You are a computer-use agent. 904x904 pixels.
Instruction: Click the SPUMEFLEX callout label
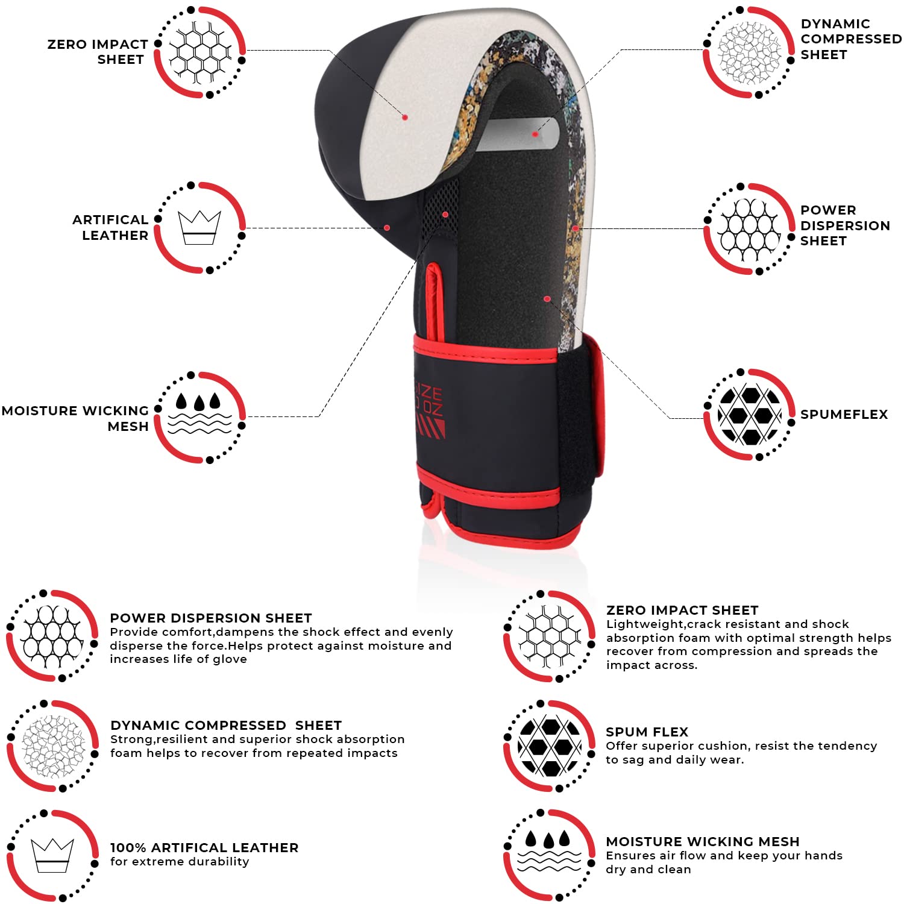coord(844,414)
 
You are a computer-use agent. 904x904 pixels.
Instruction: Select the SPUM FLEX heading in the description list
coord(647,732)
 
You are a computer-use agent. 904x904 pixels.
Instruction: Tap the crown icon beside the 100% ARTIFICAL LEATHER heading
coord(52,855)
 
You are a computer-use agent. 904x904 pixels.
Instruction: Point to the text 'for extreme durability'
coord(180,861)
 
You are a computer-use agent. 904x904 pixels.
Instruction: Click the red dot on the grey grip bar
coord(535,134)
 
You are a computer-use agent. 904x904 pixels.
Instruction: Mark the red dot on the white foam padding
coord(405,117)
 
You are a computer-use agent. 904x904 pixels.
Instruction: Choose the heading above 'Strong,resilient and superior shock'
coord(226,725)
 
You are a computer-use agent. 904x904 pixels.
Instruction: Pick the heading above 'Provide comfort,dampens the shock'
coord(211,618)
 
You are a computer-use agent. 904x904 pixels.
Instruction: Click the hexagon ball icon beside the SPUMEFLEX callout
coord(749,415)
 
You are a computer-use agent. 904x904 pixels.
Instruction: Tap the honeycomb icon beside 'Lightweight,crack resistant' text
coord(550,636)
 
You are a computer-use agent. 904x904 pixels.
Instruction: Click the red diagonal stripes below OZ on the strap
coord(431,428)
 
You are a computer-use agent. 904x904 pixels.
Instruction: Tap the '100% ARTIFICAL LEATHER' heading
coord(204,847)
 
